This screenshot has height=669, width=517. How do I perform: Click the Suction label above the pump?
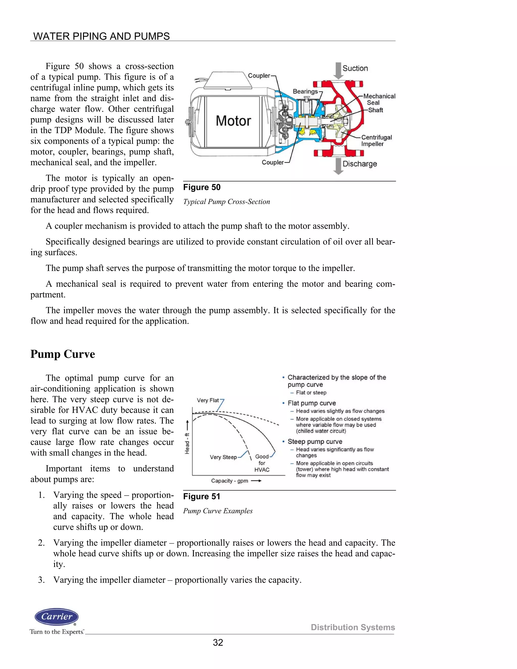click(x=355, y=68)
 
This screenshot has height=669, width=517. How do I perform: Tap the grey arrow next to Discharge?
click(x=338, y=166)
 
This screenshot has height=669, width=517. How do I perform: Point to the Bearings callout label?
click(x=305, y=91)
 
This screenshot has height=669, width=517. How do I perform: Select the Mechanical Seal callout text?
click(x=379, y=99)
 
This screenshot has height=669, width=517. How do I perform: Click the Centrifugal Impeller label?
click(x=376, y=141)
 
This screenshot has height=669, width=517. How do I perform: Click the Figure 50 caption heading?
click(x=202, y=187)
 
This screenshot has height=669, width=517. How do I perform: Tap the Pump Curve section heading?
click(x=63, y=354)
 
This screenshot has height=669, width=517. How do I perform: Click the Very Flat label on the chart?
click(x=208, y=400)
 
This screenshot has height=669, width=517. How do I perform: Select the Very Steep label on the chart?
click(x=223, y=457)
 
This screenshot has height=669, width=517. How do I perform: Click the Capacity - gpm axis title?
click(x=229, y=481)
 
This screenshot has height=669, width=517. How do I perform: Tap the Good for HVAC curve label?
click(x=262, y=463)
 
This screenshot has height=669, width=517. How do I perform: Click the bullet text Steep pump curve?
click(x=315, y=441)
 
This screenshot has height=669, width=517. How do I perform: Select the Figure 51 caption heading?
click(x=201, y=497)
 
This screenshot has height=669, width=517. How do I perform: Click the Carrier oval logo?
click(x=57, y=617)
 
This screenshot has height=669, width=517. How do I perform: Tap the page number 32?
click(x=218, y=642)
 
